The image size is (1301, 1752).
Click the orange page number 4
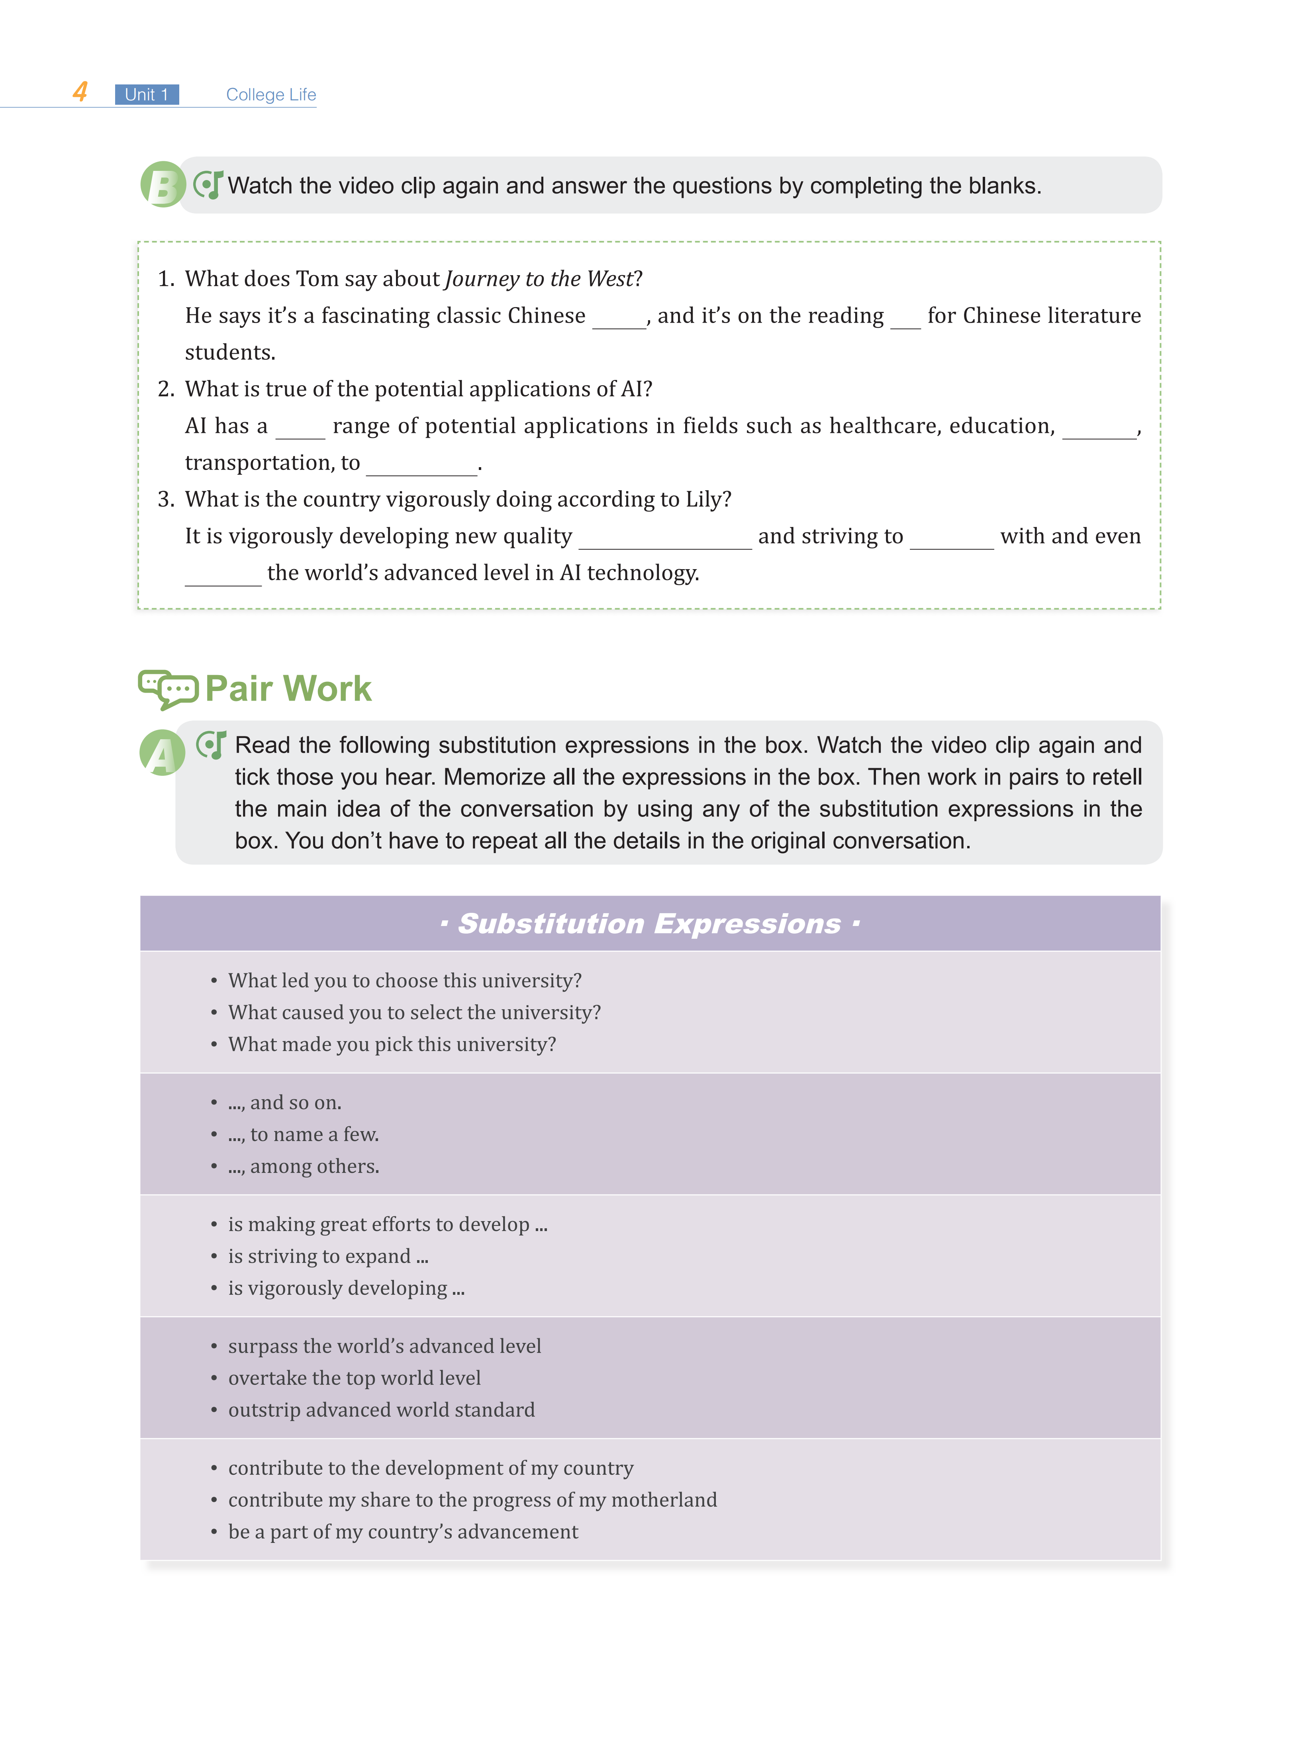click(80, 92)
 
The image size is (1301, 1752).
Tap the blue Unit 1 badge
click(147, 94)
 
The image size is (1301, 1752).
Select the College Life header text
click(271, 94)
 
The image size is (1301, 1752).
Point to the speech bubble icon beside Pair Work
click(168, 689)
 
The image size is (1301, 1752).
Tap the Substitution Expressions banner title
click(650, 924)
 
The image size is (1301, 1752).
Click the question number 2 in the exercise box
click(165, 389)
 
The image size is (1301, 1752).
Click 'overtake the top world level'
click(355, 1378)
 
